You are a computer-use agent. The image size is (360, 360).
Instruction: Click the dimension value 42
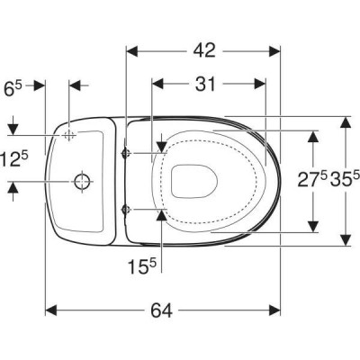204,50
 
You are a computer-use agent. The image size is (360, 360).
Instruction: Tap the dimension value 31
205,84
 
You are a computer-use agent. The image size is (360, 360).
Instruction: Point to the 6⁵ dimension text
13,88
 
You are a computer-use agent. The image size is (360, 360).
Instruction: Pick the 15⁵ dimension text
142,266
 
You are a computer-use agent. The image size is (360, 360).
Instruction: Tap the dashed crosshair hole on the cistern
69,135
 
